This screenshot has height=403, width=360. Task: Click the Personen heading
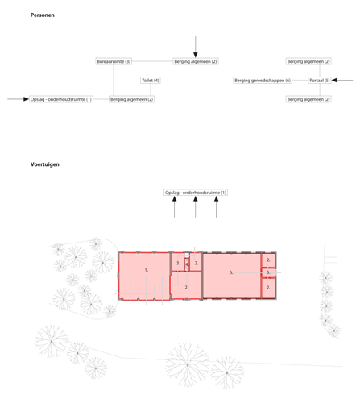click(x=42, y=15)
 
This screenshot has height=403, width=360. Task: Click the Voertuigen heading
click(x=45, y=164)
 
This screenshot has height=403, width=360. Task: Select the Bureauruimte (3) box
click(x=114, y=61)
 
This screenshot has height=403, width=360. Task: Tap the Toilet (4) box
click(x=151, y=81)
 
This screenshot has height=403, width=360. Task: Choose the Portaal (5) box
click(x=320, y=81)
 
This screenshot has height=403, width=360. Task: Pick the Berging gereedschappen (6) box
click(x=263, y=81)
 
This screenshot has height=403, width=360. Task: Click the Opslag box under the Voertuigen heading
click(x=196, y=193)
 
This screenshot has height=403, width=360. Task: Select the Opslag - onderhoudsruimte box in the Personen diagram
click(x=61, y=99)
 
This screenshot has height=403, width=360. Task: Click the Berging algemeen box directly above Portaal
click(x=308, y=61)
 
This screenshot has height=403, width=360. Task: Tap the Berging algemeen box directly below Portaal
click(x=308, y=99)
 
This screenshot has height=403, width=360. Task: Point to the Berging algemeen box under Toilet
click(x=131, y=99)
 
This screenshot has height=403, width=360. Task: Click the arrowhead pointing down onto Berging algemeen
click(x=196, y=55)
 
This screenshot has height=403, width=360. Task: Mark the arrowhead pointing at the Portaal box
click(x=334, y=80)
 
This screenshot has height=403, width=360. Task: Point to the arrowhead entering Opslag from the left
click(x=26, y=99)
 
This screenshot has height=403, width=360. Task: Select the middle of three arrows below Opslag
click(x=196, y=207)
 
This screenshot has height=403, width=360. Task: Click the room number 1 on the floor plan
click(x=147, y=270)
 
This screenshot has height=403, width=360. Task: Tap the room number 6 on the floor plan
click(x=231, y=272)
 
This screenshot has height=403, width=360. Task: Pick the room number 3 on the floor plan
click(x=178, y=263)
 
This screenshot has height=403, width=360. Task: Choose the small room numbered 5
click(x=268, y=272)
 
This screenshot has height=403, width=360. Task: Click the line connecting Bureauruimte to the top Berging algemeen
click(x=152, y=61)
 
